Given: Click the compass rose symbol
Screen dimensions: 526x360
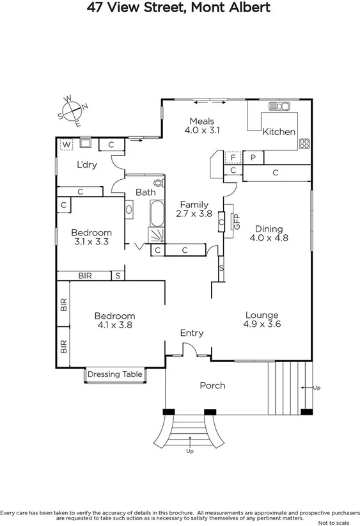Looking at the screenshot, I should coord(73,111).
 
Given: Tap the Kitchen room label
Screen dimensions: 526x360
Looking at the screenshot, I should coord(279,132).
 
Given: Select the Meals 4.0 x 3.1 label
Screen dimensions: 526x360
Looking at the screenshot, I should coord(201,125).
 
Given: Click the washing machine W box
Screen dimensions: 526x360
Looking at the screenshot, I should coord(66,145).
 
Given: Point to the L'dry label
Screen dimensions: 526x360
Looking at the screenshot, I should coord(86,164).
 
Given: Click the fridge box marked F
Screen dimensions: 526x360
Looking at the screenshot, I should coord(233,157).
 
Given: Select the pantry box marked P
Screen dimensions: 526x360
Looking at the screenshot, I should coord(253,157).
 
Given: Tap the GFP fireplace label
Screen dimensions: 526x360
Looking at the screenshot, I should coord(236,222).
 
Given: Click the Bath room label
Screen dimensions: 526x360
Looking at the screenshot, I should coord(145,192).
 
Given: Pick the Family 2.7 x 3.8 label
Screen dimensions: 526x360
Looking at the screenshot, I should coord(194,209).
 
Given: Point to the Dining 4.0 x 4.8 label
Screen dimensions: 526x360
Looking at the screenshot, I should coord(269,233).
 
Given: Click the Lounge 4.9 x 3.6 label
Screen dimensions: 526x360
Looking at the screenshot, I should coord(262,319).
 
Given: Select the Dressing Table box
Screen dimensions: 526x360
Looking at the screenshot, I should coord(114,374).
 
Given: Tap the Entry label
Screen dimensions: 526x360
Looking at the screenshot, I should coord(192,333).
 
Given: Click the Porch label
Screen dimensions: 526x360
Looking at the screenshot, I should coord(212,385).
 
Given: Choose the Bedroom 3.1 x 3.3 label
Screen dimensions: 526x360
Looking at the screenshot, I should coord(91,237).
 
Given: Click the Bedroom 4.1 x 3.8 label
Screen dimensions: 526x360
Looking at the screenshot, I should coord(114,320).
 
